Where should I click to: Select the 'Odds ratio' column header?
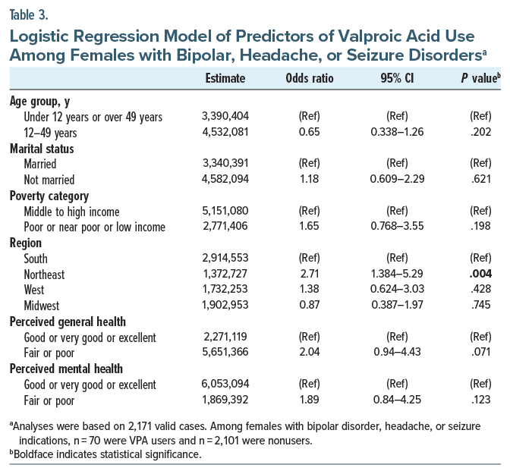coord(309,78)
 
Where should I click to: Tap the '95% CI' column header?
coord(396,78)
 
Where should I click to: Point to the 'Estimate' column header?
coord(225,78)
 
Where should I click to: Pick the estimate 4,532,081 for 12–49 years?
coord(225,132)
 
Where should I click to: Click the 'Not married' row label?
coord(49,180)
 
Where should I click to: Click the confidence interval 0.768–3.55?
coord(396,228)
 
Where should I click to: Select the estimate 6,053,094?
coord(225,385)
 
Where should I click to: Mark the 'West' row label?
coord(34,290)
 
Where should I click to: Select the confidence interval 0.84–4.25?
coord(396,401)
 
